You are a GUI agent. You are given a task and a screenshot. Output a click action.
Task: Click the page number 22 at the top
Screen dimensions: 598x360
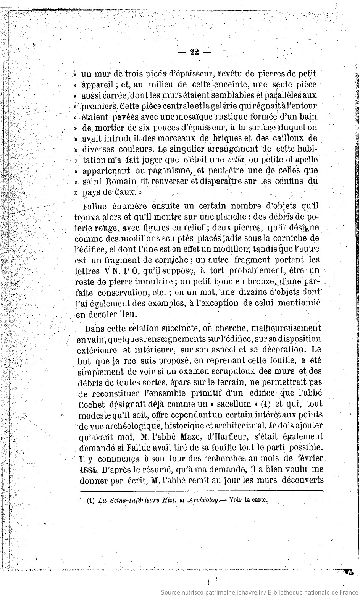(x=194, y=52)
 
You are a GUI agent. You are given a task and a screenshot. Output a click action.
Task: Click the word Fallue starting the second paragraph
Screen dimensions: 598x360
(x=95, y=207)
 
